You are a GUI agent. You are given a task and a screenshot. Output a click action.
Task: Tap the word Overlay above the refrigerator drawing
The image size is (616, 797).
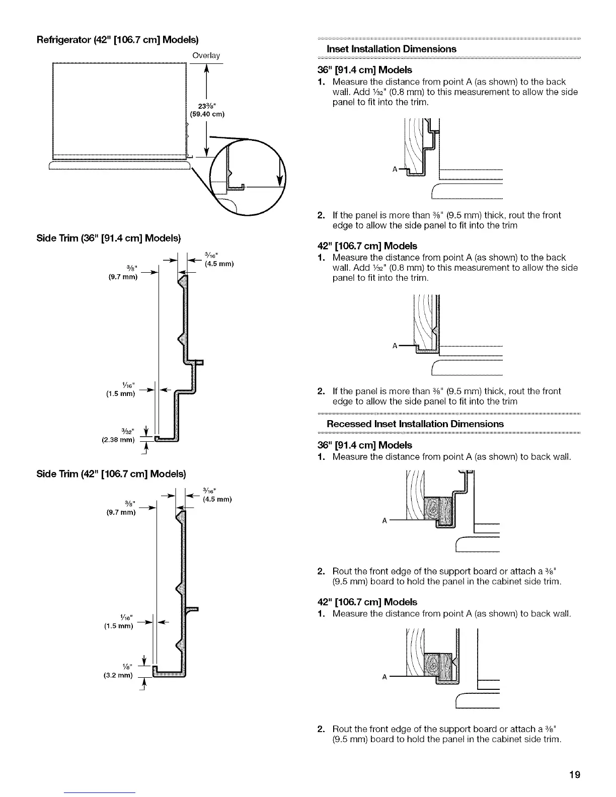[x=206, y=55]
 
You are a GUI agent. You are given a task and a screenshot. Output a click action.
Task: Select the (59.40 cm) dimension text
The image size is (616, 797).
[x=206, y=114]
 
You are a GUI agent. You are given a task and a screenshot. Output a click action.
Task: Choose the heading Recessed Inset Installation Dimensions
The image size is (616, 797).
[x=415, y=424]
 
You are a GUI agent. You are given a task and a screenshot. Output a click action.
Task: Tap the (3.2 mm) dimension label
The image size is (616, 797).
[x=118, y=675]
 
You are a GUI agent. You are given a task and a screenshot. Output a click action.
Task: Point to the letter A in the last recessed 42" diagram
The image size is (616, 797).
[x=384, y=677]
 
